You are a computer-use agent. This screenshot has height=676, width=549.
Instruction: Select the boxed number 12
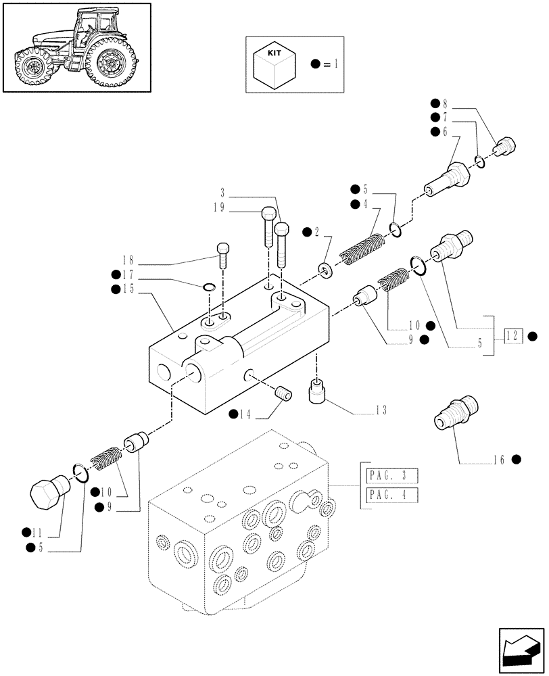click(x=514, y=335)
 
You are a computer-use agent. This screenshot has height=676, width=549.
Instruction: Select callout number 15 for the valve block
click(x=128, y=289)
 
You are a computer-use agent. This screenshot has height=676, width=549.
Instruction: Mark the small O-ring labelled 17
click(x=210, y=288)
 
